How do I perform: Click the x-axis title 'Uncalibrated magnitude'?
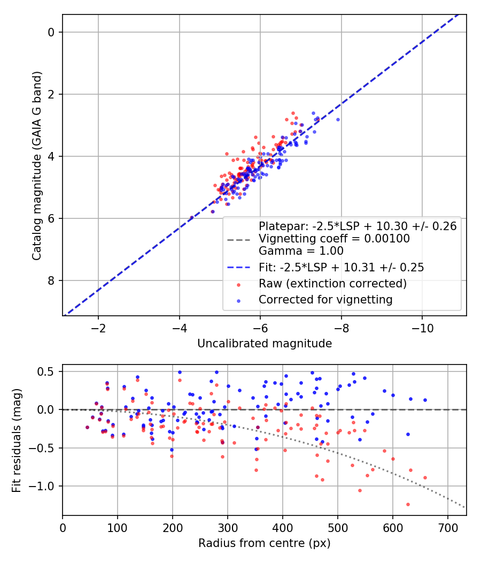265,344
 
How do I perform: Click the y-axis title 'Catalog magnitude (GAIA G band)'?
36,165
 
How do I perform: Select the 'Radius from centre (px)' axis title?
265,543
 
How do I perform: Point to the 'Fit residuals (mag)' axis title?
17,440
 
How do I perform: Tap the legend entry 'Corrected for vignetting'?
325,299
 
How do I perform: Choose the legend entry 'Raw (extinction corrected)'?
332,283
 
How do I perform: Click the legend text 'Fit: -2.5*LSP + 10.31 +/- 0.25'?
341,267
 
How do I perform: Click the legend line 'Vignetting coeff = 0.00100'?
334,239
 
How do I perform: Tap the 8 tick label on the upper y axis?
51,280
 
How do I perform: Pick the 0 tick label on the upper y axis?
51,32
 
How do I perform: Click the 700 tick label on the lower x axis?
448,527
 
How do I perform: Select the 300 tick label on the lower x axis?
228,527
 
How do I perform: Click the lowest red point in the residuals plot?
408,504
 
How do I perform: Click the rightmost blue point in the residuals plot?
425,400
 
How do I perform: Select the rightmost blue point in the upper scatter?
338,119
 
